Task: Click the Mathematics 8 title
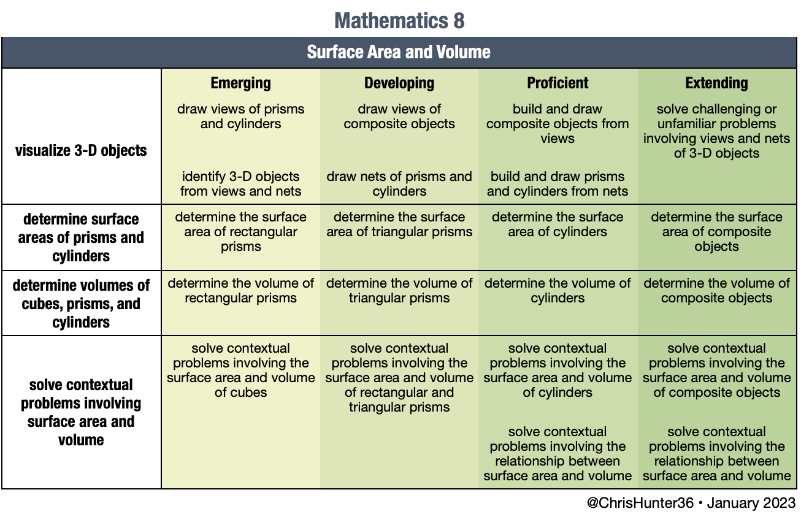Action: pos(399,20)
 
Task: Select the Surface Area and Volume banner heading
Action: pos(399,52)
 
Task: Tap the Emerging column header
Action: pos(240,83)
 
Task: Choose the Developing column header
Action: pos(399,83)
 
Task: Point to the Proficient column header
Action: pos(558,83)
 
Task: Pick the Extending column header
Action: pos(716,83)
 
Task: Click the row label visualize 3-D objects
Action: pos(81,151)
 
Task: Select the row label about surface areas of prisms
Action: pos(81,237)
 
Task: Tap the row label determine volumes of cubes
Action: pos(81,304)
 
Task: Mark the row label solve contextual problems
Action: pos(81,412)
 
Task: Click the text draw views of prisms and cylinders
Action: pos(240,117)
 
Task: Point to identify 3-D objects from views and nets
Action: pos(240,184)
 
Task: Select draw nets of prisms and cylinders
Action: pos(399,184)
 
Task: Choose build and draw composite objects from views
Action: pos(558,124)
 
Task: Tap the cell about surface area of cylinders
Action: pos(558,224)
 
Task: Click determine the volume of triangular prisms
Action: pos(399,291)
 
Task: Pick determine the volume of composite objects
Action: pos(716,291)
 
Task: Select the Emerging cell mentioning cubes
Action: pos(240,370)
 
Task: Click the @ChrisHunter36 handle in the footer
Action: pos(640,503)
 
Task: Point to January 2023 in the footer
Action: pos(751,503)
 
